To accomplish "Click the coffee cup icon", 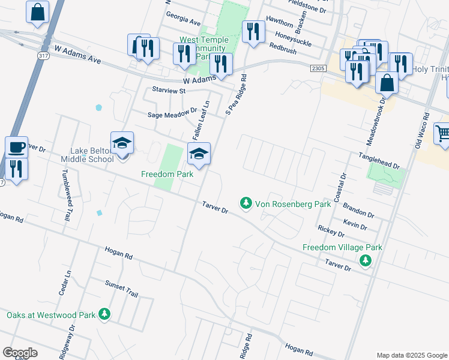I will (x=16, y=146).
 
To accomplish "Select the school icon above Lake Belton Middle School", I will (x=122, y=143).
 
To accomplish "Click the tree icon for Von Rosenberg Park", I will (x=246, y=203).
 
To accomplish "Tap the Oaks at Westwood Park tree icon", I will (x=104, y=314).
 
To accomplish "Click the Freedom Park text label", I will (x=167, y=174).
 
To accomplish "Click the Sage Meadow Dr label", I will (x=173, y=113).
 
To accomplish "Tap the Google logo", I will (x=20, y=353).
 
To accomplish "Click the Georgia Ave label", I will (x=183, y=18).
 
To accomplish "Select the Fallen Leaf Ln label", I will (x=200, y=117).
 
